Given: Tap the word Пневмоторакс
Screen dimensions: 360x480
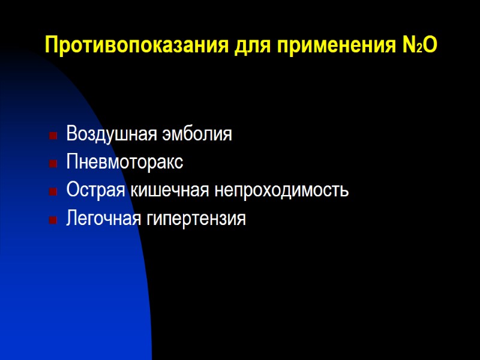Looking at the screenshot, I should tap(125, 162).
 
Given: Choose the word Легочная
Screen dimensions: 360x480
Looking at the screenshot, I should tap(103, 219).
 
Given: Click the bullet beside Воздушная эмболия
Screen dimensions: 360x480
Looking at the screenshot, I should tap(53, 134).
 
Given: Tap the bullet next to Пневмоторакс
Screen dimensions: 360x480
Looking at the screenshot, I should tap(53, 163).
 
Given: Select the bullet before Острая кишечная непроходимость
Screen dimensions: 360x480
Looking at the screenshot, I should tap(53, 192).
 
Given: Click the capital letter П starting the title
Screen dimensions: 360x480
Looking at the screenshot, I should tap(52, 46).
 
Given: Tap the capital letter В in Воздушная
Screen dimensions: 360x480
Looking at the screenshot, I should tap(71, 133).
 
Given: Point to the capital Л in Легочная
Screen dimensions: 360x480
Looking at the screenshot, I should tap(72, 219).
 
